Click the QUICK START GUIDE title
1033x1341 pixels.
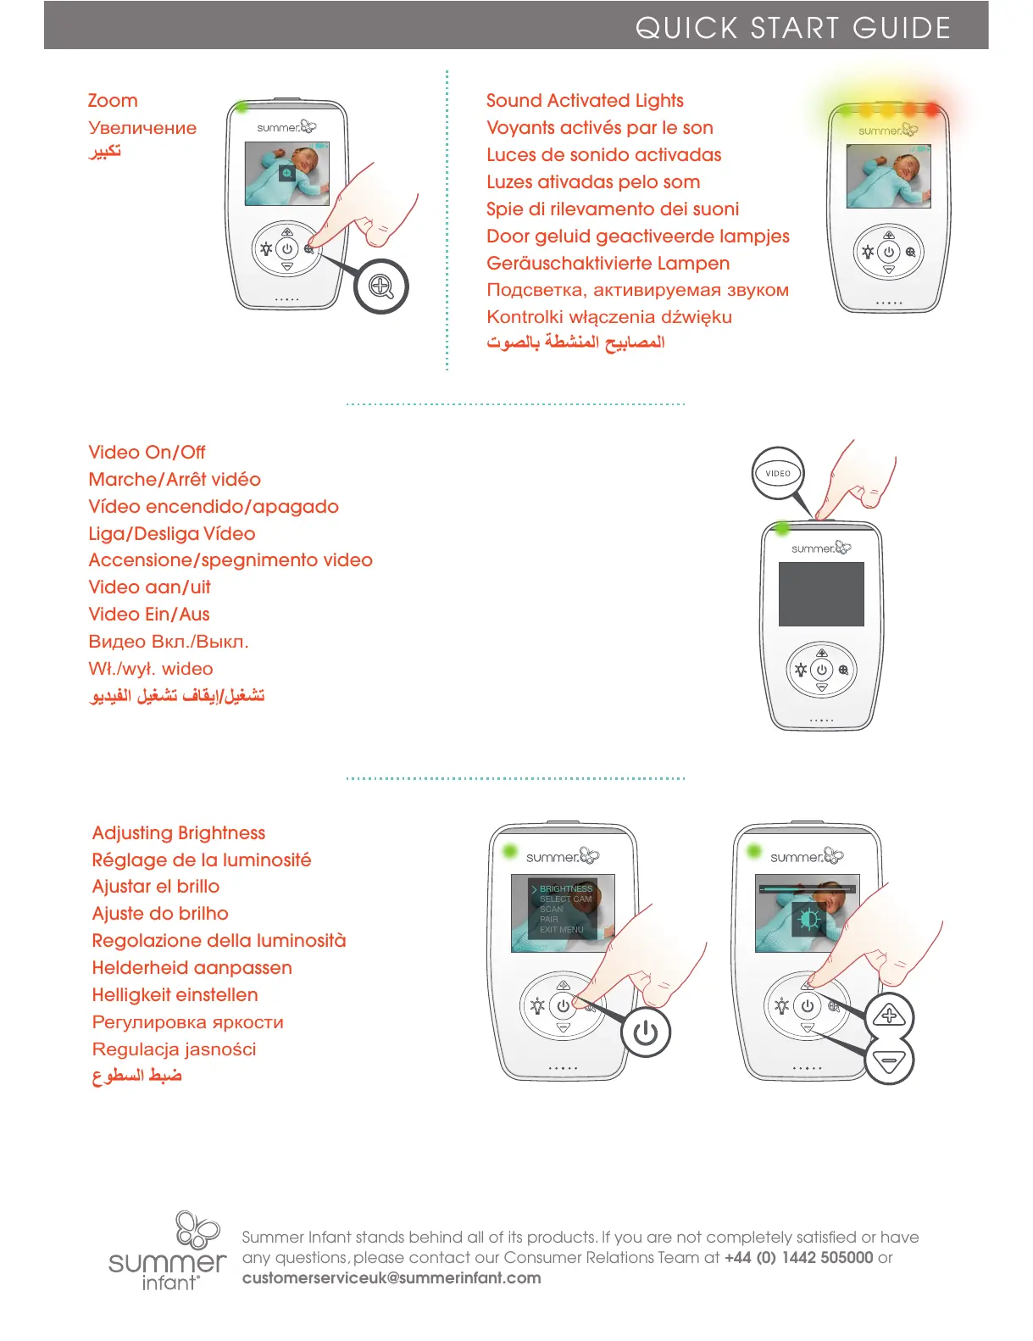792,28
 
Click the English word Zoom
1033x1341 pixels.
113,101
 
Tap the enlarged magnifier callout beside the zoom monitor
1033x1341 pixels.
381,287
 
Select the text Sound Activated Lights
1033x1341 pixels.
585,101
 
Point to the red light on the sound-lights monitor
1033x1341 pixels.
932,109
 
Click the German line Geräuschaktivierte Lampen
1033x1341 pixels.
608,264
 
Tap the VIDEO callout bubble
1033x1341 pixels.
778,473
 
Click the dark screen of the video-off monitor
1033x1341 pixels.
821,593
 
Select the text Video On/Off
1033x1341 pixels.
147,453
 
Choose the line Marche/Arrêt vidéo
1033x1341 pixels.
175,480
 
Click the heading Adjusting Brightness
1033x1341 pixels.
179,833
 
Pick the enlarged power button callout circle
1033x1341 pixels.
646,1032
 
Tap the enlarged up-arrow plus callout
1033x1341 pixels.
889,1015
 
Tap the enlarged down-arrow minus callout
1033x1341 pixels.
889,1060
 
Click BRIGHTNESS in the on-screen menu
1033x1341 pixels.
566,888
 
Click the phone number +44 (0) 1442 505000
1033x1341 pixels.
798,1258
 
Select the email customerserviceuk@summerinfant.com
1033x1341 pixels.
392,1278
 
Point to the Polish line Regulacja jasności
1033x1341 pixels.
174,1049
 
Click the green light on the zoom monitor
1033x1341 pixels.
242,108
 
